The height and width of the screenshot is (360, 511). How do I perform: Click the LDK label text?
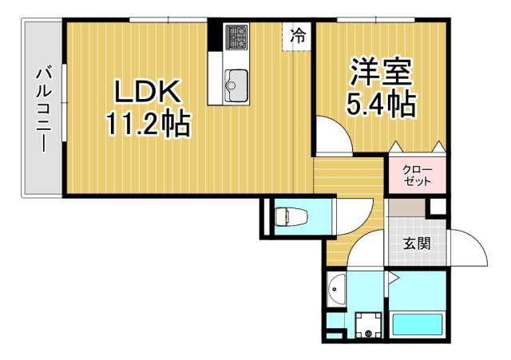pyautogui.click(x=149, y=93)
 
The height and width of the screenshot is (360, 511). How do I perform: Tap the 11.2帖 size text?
pyautogui.click(x=149, y=123)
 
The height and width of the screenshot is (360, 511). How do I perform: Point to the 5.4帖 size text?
pyautogui.click(x=381, y=104)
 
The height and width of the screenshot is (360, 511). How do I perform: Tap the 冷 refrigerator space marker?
pyautogui.click(x=298, y=35)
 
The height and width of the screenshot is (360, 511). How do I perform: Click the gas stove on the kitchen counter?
pyautogui.click(x=236, y=37)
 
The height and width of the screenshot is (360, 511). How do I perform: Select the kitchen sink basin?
pyautogui.click(x=236, y=81)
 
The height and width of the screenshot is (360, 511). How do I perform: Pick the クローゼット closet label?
pyautogui.click(x=416, y=175)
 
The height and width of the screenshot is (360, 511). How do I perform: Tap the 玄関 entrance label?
pyautogui.click(x=416, y=243)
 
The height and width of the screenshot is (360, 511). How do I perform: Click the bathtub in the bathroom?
pyautogui.click(x=418, y=326)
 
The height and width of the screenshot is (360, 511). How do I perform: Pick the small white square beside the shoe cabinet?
pyautogui.click(x=438, y=207)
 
